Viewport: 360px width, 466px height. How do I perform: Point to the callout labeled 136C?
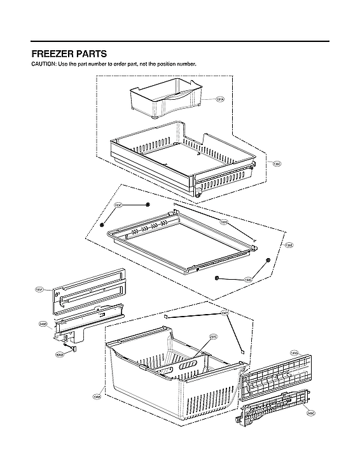coord(277,164)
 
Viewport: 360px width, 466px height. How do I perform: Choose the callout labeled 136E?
coord(289,245)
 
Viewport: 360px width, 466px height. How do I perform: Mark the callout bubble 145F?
coord(39,289)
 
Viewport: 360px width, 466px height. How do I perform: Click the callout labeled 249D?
coord(43,324)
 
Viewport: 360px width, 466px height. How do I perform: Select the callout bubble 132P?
coord(225,313)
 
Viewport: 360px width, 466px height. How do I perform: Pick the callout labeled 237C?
coord(213,337)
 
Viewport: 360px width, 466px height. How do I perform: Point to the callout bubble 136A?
coord(97,397)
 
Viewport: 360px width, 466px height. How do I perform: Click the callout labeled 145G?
coord(294,352)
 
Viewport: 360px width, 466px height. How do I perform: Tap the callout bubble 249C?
coord(310,413)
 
